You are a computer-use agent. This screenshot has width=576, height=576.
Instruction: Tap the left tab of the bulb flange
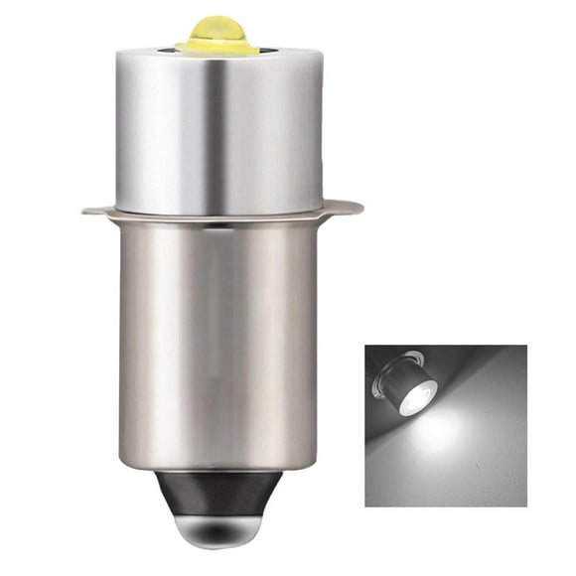(97, 211)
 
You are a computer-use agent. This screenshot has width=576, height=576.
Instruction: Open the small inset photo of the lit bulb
(446, 425)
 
